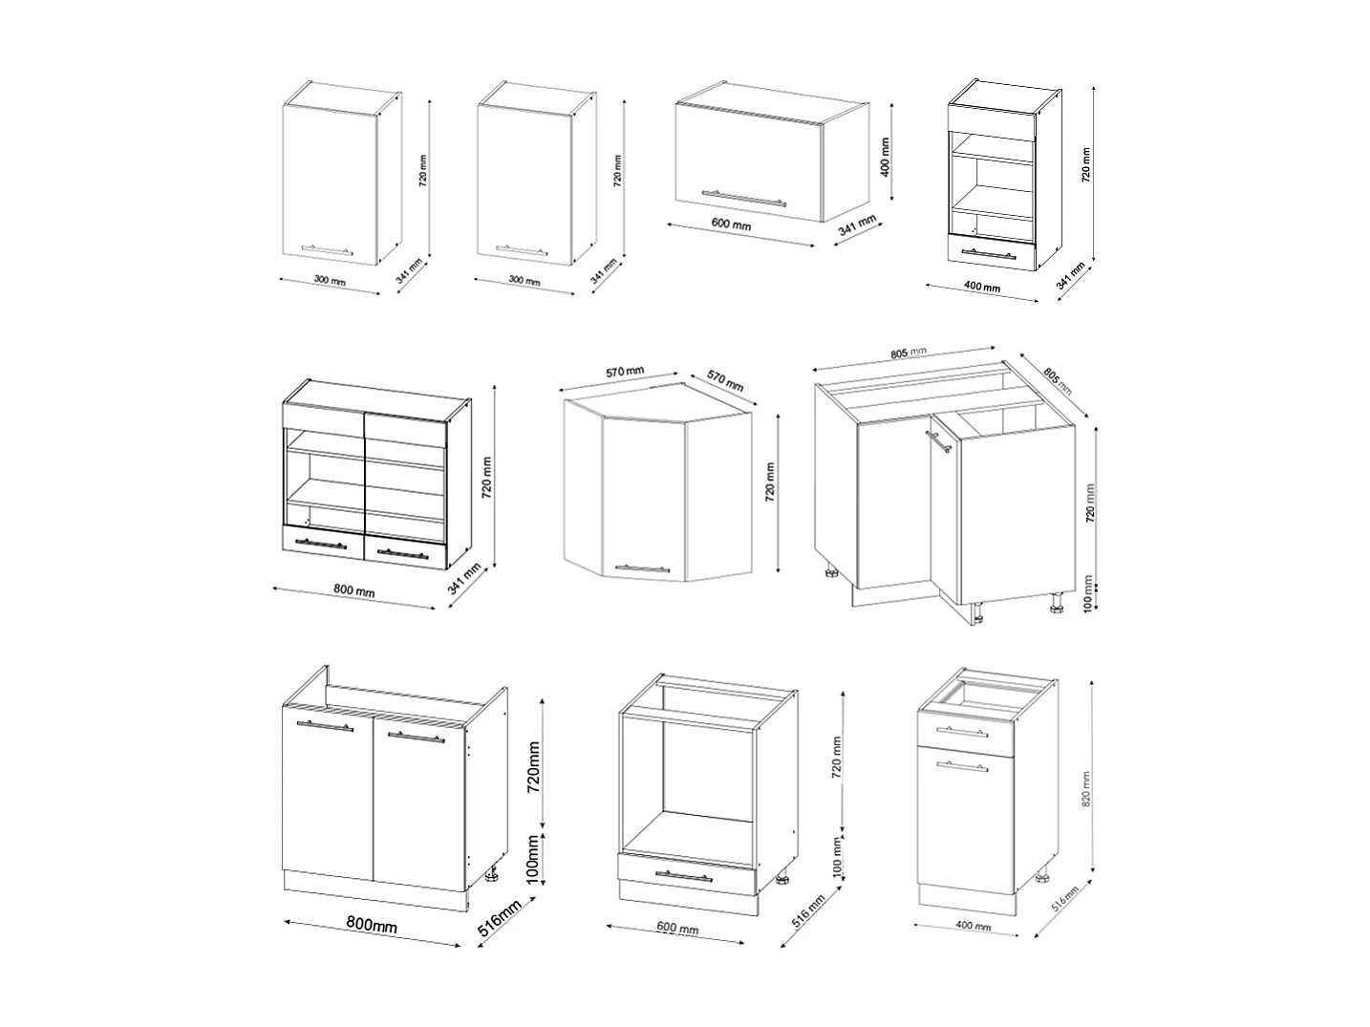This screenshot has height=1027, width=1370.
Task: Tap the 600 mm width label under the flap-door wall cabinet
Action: pyautogui.click(x=732, y=225)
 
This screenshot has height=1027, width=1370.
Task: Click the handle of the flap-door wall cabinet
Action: pyautogui.click(x=744, y=197)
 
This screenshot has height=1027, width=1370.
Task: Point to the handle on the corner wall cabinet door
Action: pyautogui.click(x=642, y=568)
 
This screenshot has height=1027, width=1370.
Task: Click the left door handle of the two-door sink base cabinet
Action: pyautogui.click(x=325, y=727)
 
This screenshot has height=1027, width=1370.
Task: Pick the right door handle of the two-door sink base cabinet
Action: pyautogui.click(x=418, y=736)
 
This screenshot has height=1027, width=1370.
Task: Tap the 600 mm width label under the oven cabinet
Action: pyautogui.click(x=679, y=929)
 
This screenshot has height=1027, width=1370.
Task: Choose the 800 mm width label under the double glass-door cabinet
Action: pyautogui.click(x=353, y=590)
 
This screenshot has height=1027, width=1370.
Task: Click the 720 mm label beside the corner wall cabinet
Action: pyautogui.click(x=770, y=481)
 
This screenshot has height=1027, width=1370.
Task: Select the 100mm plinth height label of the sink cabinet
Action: pyautogui.click(x=535, y=856)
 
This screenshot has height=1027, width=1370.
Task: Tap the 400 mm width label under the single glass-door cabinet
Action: pyautogui.click(x=982, y=287)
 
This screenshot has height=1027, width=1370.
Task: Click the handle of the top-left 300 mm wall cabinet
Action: pyautogui.click(x=327, y=249)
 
